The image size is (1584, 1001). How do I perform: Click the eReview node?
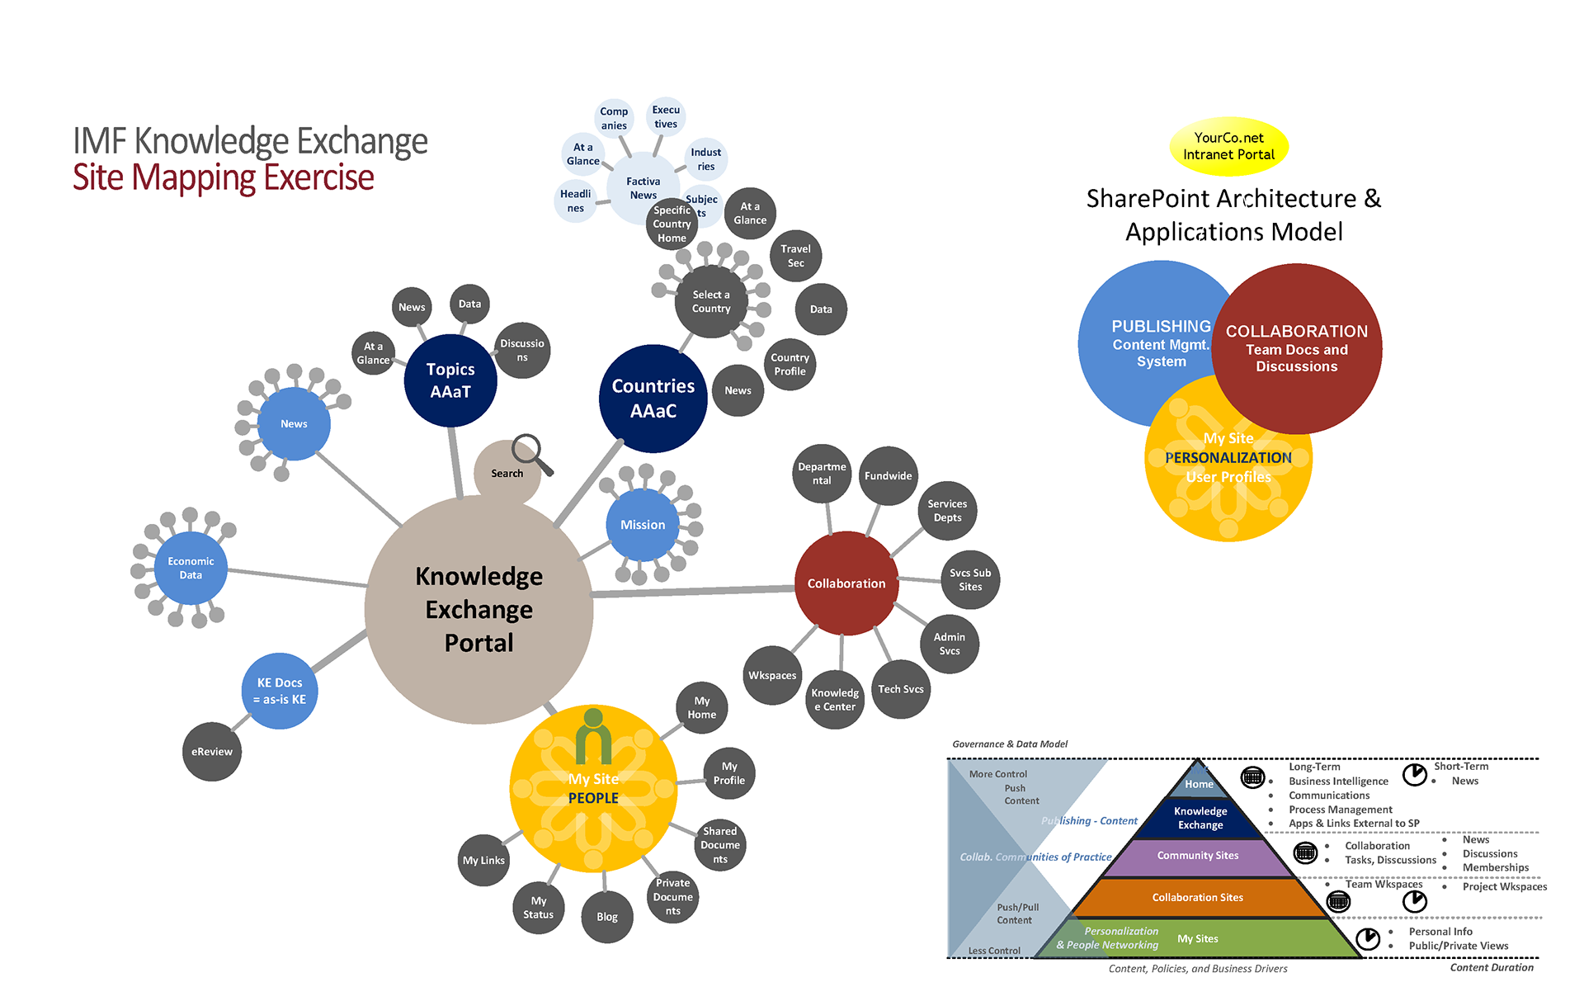coord(212,751)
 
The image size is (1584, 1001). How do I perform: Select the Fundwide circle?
coord(888,475)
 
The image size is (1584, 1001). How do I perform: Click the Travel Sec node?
coord(795,256)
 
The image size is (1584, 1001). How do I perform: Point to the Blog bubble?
coord(607,916)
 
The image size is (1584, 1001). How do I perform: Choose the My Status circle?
coord(538,908)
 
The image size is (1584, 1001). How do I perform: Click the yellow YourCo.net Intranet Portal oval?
coord(1228,146)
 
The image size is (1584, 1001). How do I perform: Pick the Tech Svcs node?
coord(901,689)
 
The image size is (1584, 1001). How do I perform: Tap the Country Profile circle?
coord(790,364)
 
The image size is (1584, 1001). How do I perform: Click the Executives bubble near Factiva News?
coord(666,116)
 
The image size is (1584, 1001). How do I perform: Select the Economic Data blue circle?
coord(191,568)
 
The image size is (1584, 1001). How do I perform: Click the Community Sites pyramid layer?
coord(1197,856)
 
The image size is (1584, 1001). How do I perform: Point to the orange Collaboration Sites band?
coord(1197,897)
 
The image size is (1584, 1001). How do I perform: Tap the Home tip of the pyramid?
coord(1199,783)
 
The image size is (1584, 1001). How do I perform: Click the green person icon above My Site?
coord(593,736)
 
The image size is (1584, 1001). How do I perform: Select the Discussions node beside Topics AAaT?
coord(522,350)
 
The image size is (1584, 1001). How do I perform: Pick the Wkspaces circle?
coord(772,675)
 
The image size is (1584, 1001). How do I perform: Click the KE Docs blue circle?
coord(280,691)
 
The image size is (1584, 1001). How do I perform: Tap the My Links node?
coord(483,860)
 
